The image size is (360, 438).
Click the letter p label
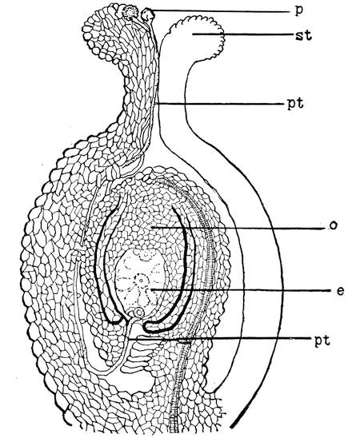[298, 12]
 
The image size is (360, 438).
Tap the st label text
[303, 35]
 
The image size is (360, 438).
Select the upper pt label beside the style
[295, 104]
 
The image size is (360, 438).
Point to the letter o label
[333, 225]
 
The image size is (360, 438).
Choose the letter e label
[340, 291]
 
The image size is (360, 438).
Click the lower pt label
[322, 340]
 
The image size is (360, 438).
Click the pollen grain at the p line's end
[147, 14]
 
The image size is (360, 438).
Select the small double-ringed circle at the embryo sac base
[138, 312]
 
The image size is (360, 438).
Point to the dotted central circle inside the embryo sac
[141, 280]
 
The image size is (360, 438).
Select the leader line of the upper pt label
[219, 104]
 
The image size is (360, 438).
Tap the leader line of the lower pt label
[218, 338]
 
